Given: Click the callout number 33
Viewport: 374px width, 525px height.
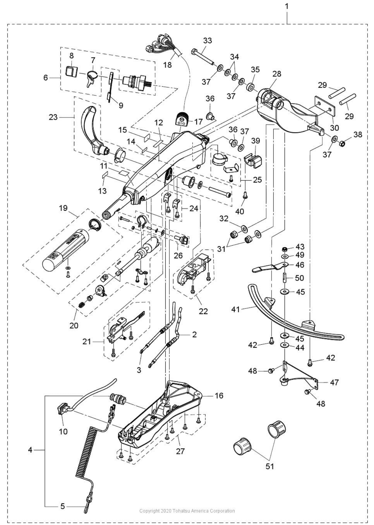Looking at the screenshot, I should (207, 41).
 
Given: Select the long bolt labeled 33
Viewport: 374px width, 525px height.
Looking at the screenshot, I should (203, 57).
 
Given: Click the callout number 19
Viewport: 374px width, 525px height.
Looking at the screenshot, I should (63, 208).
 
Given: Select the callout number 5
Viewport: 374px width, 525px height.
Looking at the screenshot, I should (63, 506).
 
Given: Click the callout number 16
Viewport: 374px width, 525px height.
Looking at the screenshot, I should (219, 395).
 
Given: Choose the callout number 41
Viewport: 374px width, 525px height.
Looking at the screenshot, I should (236, 309).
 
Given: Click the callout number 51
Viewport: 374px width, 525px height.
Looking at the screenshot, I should (270, 466).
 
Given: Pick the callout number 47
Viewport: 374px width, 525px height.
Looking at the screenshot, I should (334, 382).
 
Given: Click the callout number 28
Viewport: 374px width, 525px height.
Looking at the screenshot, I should (277, 74).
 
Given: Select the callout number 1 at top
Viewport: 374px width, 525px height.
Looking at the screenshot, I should (287, 6).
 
